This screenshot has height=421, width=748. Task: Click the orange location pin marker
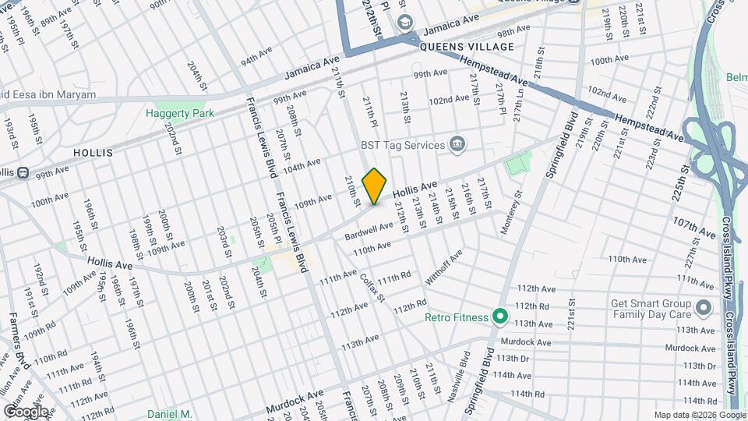click(375, 186)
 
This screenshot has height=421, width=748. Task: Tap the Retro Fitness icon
click(499, 317)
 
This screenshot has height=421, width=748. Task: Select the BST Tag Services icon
click(457, 144)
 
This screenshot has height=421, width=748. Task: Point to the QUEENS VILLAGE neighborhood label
click(467, 47)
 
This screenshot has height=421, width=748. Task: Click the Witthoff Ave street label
click(443, 267)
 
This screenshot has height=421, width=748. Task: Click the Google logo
click(26, 411)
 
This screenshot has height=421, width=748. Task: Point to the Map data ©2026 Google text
click(698, 415)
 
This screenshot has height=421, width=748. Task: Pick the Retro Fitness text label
click(457, 317)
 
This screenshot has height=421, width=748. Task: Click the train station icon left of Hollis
click(23, 172)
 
